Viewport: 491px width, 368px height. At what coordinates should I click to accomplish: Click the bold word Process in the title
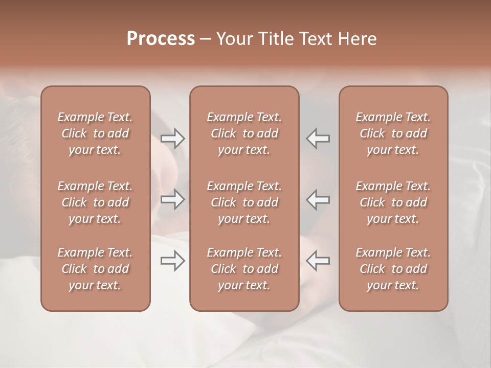161,39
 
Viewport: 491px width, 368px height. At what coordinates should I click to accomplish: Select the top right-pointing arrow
173,138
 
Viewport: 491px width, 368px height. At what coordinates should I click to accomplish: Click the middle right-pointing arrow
173,200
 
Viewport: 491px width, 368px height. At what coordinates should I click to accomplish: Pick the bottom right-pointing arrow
173,261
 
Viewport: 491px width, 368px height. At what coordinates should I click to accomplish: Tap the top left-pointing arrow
318,138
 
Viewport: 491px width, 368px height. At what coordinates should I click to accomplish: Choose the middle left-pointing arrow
318,200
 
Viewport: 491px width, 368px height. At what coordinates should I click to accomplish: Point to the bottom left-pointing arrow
318,261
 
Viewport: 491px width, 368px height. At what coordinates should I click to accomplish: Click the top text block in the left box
95,133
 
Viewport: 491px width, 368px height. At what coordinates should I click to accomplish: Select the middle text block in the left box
95,202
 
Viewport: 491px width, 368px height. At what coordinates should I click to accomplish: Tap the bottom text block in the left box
95,269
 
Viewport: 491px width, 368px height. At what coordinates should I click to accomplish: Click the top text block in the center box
244,133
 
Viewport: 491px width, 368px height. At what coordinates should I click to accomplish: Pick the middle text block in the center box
244,202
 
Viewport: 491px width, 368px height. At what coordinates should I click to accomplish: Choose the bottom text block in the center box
244,269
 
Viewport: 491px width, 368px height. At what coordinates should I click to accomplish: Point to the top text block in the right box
393,133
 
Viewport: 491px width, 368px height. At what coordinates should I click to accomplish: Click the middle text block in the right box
393,202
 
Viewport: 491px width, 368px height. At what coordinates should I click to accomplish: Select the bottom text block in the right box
393,269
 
